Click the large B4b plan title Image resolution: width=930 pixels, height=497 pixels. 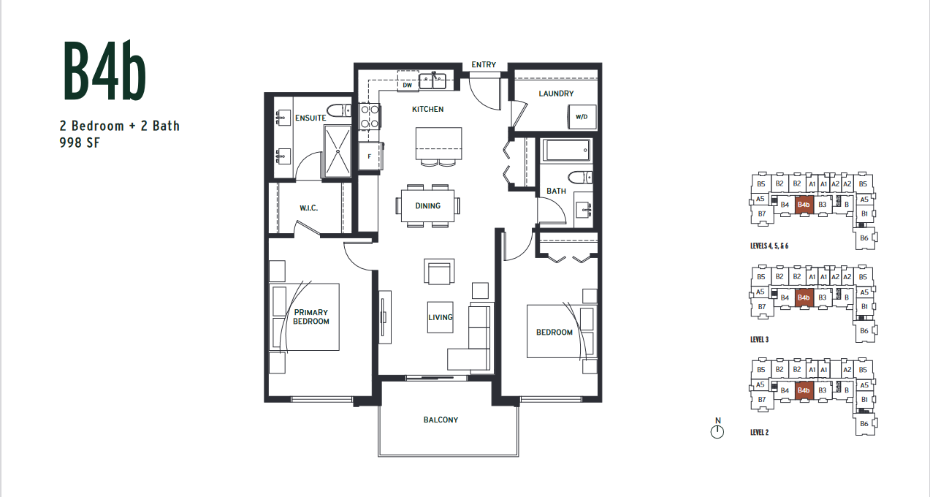(x=104, y=71)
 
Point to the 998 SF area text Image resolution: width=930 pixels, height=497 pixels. (x=80, y=143)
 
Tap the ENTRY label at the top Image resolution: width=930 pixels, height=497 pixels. (x=484, y=65)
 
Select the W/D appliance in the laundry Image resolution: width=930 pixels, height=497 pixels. (x=582, y=117)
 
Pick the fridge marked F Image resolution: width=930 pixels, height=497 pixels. (x=370, y=156)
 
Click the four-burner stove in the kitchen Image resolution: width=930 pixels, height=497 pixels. (x=369, y=117)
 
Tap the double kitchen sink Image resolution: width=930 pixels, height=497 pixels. (x=432, y=81)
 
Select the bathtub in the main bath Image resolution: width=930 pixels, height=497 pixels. (x=566, y=151)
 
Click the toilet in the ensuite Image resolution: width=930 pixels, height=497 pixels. (x=339, y=110)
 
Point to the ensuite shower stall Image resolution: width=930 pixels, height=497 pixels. (x=338, y=151)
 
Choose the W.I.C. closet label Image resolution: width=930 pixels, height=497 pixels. (x=308, y=208)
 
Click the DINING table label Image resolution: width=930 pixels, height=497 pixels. (x=427, y=206)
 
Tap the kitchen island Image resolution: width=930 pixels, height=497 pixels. (x=439, y=143)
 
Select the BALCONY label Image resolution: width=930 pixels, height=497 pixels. (x=441, y=420)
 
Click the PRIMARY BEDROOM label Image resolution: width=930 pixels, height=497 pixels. (x=311, y=316)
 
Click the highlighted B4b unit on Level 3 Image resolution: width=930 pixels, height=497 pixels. (x=804, y=297)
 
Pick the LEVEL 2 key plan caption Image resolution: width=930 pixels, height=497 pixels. (x=759, y=433)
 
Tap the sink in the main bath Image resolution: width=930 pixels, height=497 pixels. (x=583, y=210)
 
